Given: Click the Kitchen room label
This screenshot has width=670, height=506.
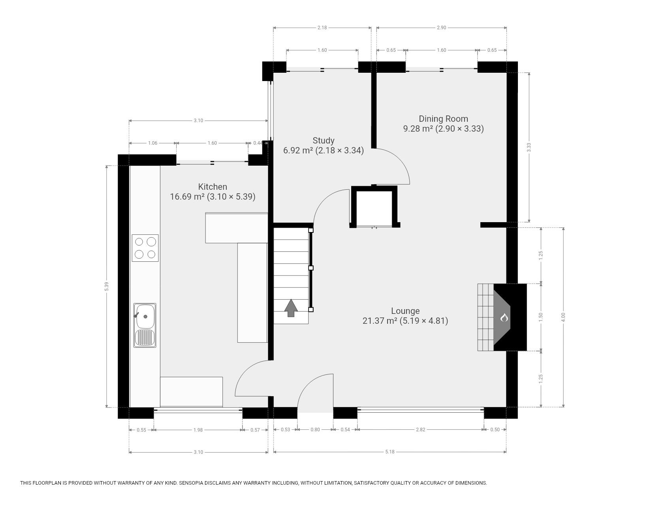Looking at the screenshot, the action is click(x=213, y=187).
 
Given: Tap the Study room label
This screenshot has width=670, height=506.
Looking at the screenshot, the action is click(x=324, y=140).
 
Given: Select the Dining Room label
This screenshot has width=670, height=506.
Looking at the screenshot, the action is click(x=443, y=119).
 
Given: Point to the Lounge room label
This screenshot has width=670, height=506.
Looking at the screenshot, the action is click(x=405, y=311).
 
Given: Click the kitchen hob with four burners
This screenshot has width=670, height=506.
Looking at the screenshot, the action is click(x=145, y=248).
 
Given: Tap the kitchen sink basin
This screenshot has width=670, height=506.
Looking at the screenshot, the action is click(x=145, y=316).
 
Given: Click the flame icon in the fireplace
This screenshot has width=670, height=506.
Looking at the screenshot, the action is click(x=504, y=317).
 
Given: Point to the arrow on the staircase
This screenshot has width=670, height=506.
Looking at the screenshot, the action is click(x=291, y=308).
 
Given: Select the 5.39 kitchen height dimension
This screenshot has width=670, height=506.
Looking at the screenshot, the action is click(x=106, y=286).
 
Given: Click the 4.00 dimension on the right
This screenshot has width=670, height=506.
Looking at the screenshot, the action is click(x=563, y=317).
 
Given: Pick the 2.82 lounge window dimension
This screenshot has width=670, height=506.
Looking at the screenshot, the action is click(x=420, y=430).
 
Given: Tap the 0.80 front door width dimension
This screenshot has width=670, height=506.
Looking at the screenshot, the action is click(x=315, y=430).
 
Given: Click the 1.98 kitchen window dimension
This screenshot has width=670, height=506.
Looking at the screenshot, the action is click(x=198, y=430).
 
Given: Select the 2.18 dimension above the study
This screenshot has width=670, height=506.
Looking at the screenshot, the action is click(x=322, y=28).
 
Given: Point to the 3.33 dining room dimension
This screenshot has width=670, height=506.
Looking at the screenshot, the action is click(x=529, y=147).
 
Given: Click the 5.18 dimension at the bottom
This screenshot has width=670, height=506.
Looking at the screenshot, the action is click(x=390, y=452).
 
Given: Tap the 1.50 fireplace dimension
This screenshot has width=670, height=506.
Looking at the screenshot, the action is click(x=541, y=317).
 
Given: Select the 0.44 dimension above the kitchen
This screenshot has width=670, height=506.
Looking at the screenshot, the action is click(x=258, y=143).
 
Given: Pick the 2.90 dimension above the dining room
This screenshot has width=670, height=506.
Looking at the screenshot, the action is click(x=441, y=28).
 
